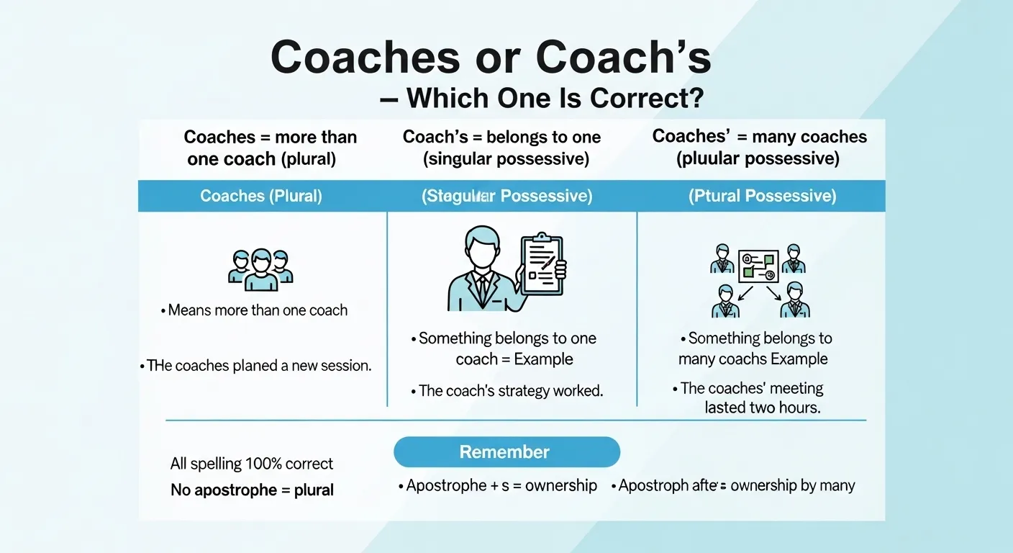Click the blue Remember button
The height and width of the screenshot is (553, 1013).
coord(506,452)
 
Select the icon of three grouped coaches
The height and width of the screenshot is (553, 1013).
coord(260,270)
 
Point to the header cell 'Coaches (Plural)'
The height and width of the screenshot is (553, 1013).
coord(261,197)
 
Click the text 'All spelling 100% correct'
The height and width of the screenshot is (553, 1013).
coord(252,463)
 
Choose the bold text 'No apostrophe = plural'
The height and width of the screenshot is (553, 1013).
coord(252,490)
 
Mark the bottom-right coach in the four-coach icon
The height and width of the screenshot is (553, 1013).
coord(795,300)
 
